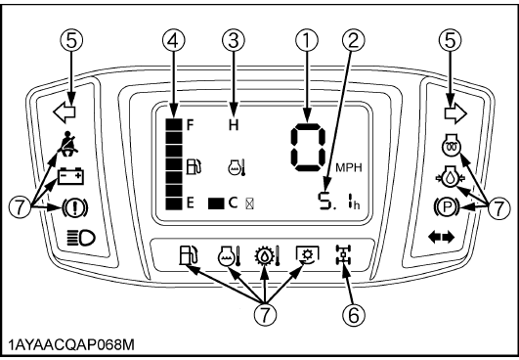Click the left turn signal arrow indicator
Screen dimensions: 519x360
point(65,112)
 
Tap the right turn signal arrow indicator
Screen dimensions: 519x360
point(455,113)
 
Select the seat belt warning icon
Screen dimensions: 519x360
point(68,144)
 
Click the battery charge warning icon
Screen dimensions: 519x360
point(70,176)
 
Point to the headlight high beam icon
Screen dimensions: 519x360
point(81,238)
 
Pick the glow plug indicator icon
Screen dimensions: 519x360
point(452,145)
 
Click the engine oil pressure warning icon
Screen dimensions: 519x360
point(450,177)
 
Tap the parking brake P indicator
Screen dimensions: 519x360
point(448,207)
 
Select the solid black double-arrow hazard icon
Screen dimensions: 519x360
point(441,237)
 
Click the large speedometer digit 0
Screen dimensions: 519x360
point(308,147)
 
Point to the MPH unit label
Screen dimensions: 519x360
point(349,167)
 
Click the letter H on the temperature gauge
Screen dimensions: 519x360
point(234,125)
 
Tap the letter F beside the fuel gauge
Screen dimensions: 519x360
point(190,125)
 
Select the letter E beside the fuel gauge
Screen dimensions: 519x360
point(191,203)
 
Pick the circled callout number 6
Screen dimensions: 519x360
point(354,314)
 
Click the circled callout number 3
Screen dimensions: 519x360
point(234,41)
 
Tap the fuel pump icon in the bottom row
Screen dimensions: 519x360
point(188,254)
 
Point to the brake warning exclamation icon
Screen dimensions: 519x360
point(74,207)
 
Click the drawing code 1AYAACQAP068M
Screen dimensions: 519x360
point(71,345)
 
